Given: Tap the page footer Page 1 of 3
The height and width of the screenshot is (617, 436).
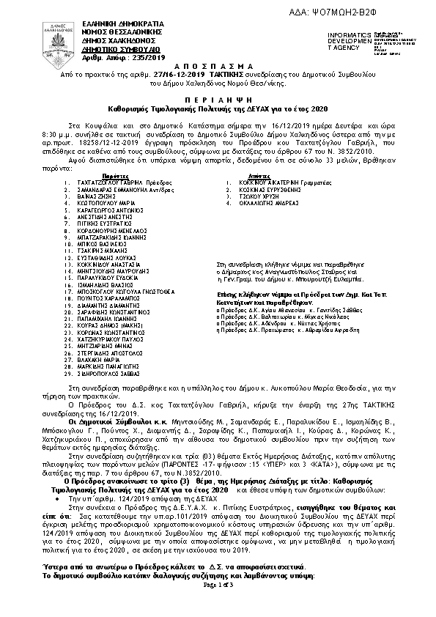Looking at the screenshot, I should [218, 605].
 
